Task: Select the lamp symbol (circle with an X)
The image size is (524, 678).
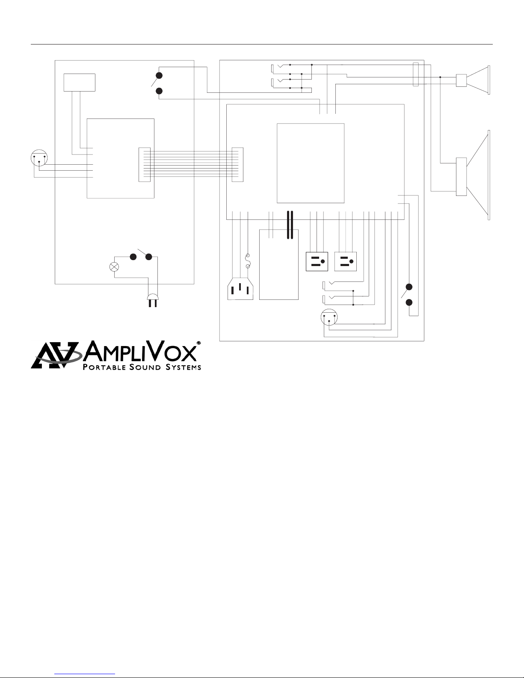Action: pyautogui.click(x=114, y=266)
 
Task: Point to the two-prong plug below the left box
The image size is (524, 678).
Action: pyautogui.click(x=153, y=300)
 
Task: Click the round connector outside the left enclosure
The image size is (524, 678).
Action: pyautogui.click(x=39, y=159)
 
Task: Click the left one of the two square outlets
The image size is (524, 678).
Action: pyautogui.click(x=317, y=261)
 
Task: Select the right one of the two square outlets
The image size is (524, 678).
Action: pyautogui.click(x=345, y=261)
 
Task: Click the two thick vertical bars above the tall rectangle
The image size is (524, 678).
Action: pyautogui.click(x=290, y=224)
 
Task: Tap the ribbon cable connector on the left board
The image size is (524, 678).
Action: pyautogui.click(x=145, y=165)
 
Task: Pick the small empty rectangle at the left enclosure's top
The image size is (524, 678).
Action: pyautogui.click(x=80, y=82)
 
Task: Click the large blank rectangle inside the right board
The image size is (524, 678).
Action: pyautogui.click(x=311, y=163)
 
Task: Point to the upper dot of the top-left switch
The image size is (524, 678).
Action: pyautogui.click(x=159, y=76)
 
